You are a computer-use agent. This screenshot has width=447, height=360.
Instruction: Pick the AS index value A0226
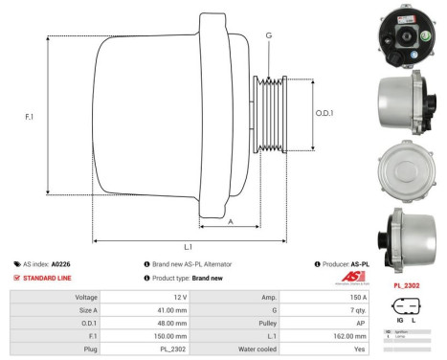tap(61, 263)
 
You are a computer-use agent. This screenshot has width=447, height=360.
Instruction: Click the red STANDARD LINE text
tap(49, 278)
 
